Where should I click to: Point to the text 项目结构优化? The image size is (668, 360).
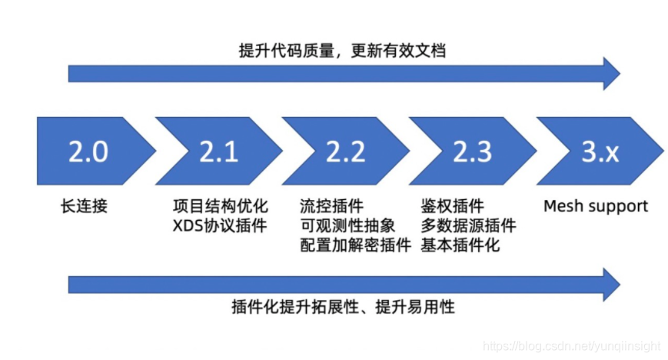tap(221, 206)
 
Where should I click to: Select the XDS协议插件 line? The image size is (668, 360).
tap(220, 226)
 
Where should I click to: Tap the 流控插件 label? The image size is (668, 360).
tap(332, 206)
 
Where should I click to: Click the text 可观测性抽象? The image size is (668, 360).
tap(347, 226)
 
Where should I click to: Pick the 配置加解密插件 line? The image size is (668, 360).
tap(355, 246)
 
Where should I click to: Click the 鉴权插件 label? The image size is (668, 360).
tap(452, 206)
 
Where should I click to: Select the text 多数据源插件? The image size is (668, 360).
tap(468, 226)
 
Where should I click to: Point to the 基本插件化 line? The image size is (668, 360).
tap(460, 246)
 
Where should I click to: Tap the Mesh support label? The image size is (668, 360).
tap(596, 206)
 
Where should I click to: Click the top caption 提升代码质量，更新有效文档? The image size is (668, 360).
tap(342, 51)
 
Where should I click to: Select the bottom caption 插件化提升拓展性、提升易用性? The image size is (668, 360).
tap(343, 307)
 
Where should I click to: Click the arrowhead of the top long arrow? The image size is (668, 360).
tap(610, 74)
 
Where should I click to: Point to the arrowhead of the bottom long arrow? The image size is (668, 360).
tap(610, 284)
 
